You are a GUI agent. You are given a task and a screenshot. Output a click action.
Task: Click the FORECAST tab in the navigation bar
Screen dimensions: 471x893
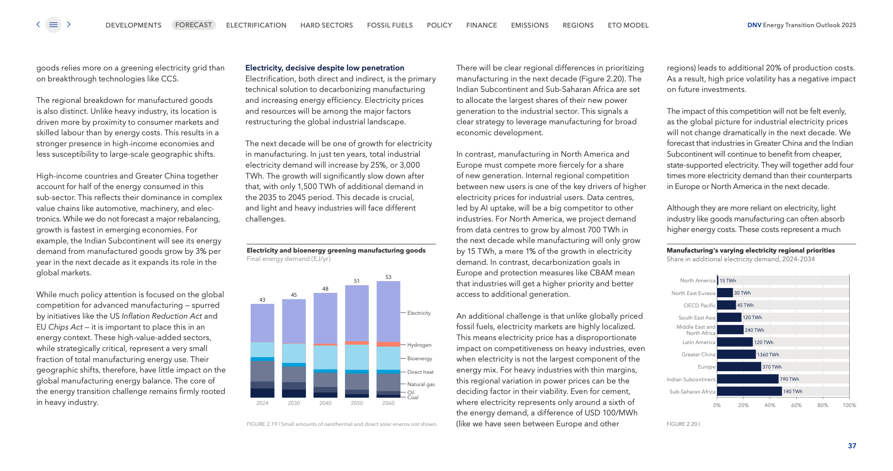pos(193,25)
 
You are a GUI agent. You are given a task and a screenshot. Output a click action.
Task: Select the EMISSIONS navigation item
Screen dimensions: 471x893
pos(530,25)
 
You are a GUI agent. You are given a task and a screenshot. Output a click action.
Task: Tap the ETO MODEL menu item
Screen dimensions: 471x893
pos(628,25)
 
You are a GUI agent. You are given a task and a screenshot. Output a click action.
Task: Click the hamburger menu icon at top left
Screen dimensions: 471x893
pos(53,25)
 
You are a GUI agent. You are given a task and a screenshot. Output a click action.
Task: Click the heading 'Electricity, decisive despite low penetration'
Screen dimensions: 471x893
pos(324,68)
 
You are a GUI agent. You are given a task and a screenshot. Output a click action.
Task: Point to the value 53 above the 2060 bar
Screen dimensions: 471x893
pos(388,277)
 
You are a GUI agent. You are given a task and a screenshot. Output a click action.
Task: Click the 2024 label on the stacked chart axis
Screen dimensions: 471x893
pos(262,403)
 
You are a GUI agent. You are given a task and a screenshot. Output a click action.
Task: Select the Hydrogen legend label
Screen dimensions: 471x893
pos(419,345)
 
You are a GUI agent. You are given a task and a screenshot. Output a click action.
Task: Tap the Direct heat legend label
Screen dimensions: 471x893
pos(420,372)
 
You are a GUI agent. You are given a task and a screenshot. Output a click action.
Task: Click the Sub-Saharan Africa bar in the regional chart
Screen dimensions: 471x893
pos(749,391)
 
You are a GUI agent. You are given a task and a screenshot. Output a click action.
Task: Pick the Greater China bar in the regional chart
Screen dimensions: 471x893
pos(736,355)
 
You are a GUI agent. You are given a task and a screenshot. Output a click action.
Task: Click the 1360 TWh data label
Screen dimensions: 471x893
pos(768,355)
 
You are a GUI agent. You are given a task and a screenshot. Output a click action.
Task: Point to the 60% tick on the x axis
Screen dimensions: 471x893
pos(796,405)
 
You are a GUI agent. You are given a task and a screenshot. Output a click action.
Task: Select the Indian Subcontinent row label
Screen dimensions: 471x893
pos(691,380)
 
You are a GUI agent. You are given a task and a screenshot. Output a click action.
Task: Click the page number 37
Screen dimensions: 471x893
pos(852,446)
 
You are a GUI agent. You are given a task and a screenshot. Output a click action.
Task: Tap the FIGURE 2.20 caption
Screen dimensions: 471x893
pos(682,424)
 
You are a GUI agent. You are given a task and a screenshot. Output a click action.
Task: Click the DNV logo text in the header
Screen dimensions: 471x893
pos(754,25)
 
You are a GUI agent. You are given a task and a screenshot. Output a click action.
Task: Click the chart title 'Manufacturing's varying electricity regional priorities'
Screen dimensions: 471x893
pos(750,250)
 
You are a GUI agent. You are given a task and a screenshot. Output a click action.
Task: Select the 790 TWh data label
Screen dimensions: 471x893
pos(789,379)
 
